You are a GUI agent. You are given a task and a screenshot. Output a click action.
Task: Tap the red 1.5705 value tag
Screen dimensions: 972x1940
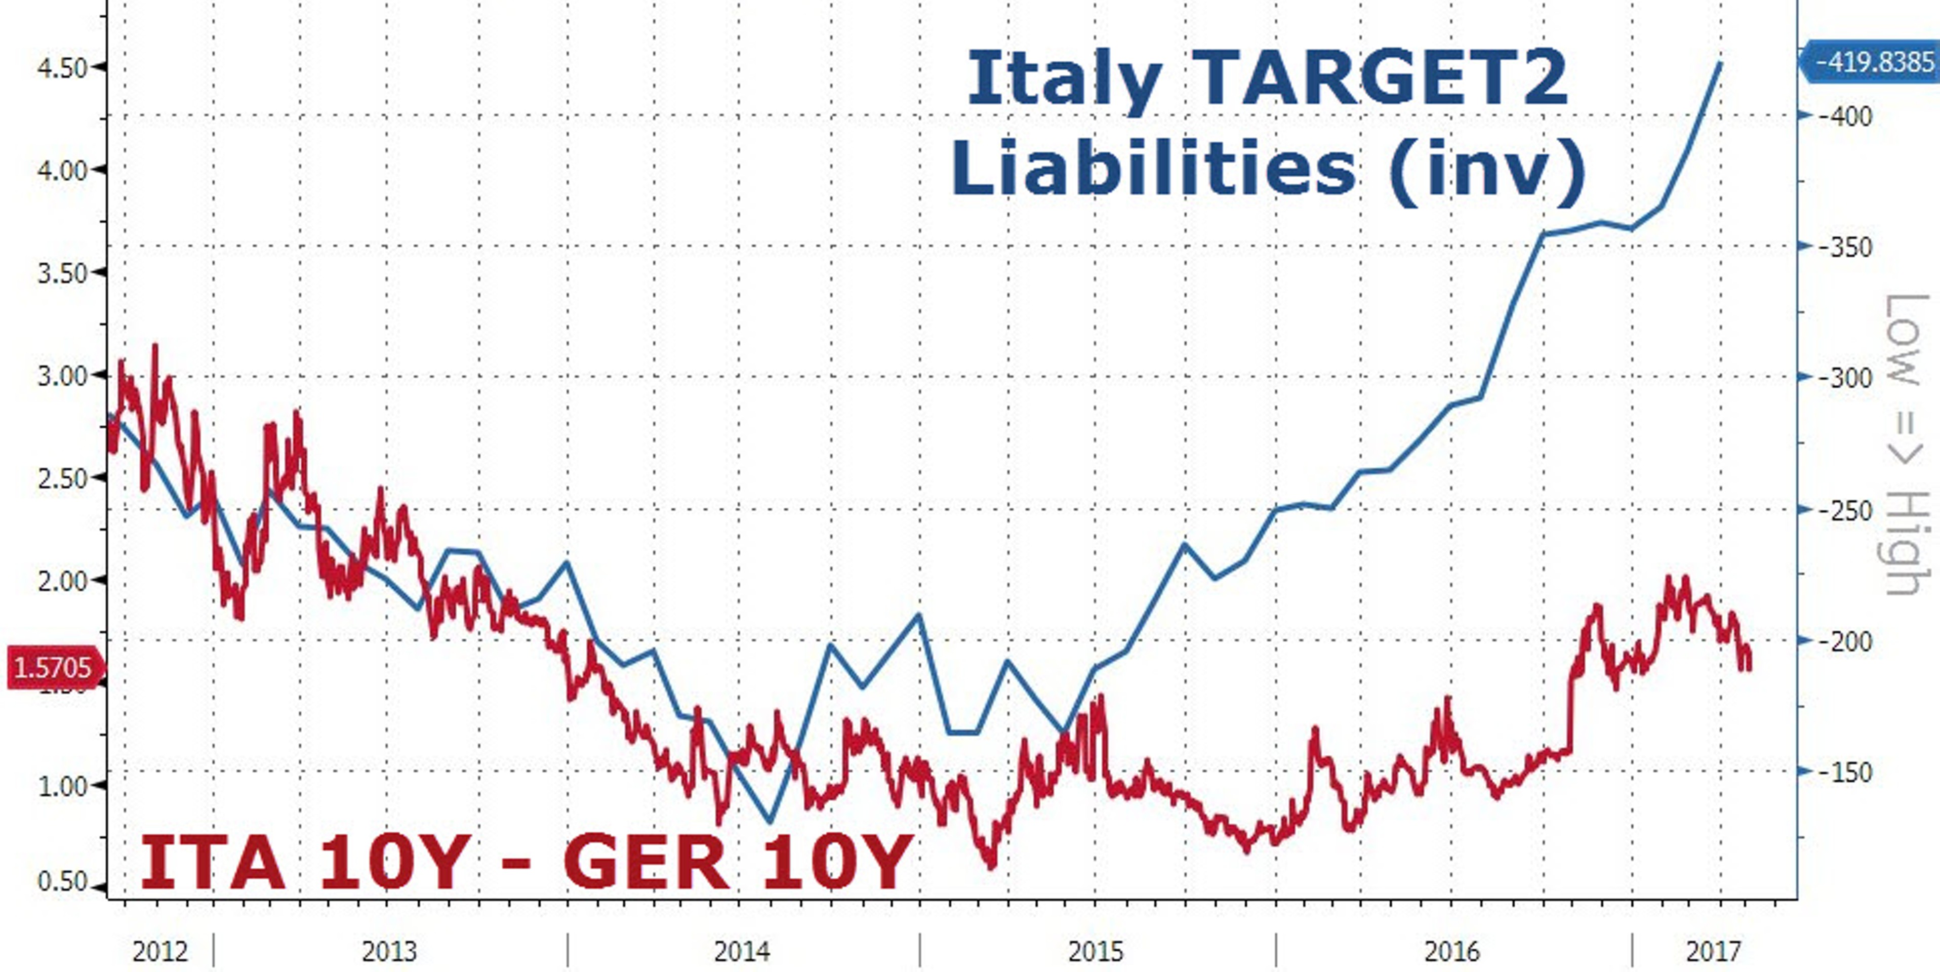pyautogui.click(x=53, y=667)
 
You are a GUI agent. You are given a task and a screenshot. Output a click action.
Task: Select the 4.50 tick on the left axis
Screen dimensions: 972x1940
pyautogui.click(x=62, y=68)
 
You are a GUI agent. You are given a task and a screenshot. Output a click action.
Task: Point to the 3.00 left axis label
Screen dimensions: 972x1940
pyautogui.click(x=62, y=375)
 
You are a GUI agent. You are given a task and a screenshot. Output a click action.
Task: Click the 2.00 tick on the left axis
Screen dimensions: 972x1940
pyautogui.click(x=62, y=581)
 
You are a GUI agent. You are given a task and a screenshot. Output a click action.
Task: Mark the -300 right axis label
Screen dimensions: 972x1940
pyautogui.click(x=1844, y=377)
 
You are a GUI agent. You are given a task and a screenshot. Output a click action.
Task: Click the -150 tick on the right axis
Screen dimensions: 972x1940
pyautogui.click(x=1844, y=772)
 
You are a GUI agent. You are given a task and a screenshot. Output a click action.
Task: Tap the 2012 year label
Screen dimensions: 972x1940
pyautogui.click(x=159, y=952)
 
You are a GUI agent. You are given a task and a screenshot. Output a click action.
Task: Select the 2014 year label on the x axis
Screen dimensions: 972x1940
pyautogui.click(x=742, y=952)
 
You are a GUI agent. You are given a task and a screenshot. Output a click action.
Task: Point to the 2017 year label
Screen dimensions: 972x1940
pyautogui.click(x=1713, y=952)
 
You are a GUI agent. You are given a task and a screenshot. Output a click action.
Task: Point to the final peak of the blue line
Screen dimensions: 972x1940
pyautogui.click(x=1720, y=63)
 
